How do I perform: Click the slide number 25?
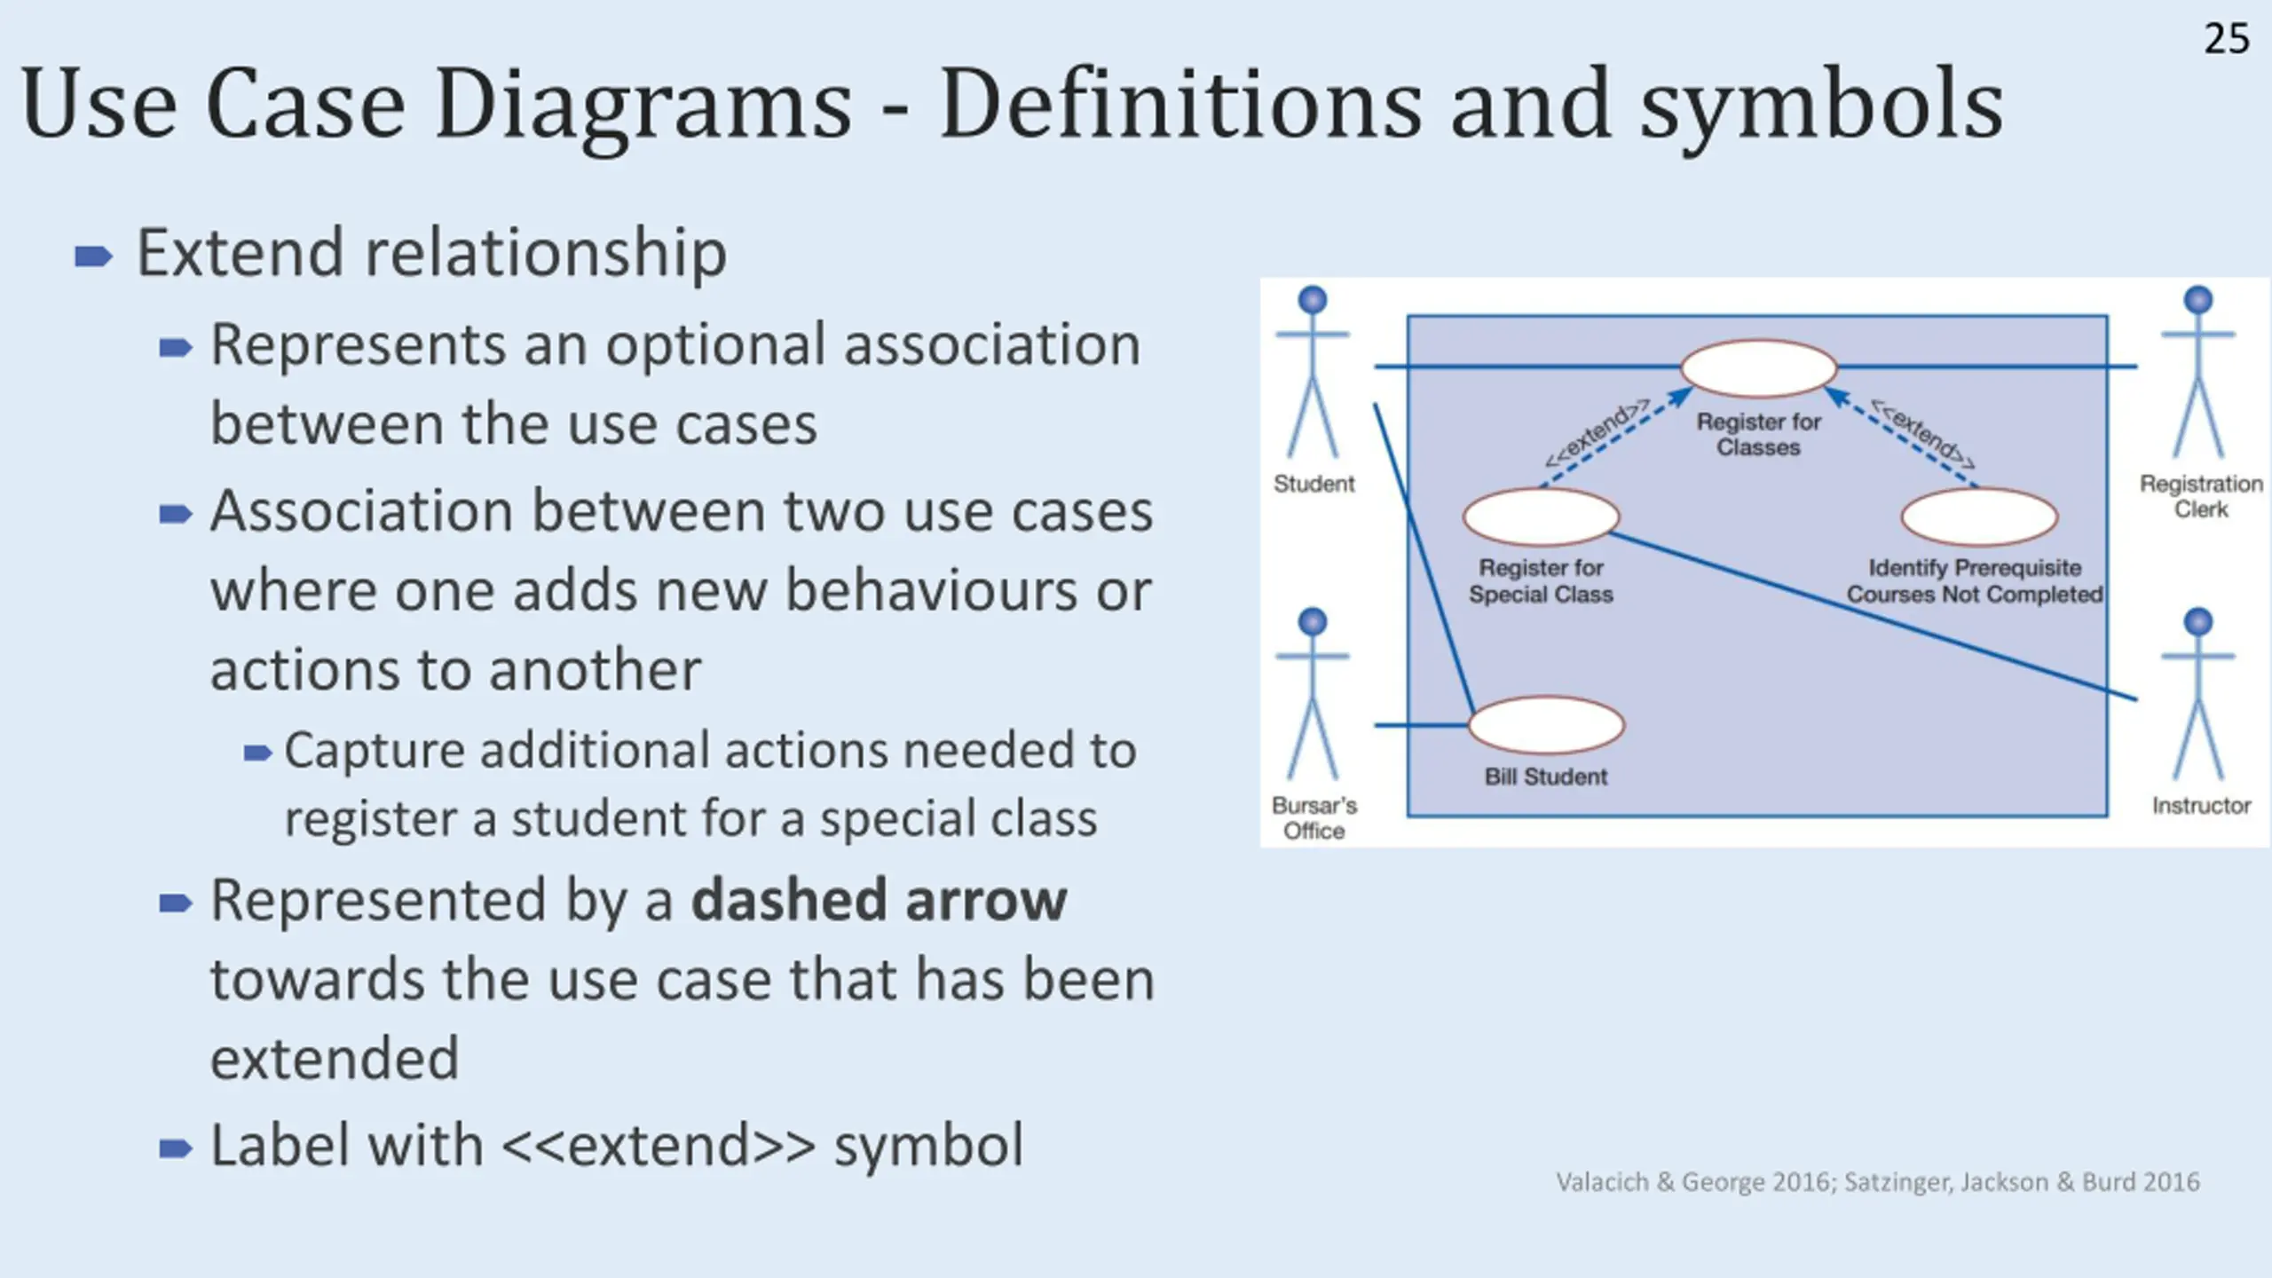[x=2226, y=40]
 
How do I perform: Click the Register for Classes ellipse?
[x=1758, y=367]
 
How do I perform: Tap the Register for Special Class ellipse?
[x=1541, y=517]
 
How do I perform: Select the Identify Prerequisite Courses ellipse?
[x=1978, y=517]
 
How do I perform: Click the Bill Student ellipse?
[x=1547, y=725]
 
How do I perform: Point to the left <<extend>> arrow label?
[x=1596, y=433]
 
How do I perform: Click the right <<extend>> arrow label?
[x=1922, y=433]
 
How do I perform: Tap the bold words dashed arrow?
[x=879, y=901]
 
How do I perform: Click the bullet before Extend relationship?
[x=93, y=257]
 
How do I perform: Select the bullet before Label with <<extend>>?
[x=175, y=1149]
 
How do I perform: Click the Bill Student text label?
[x=1546, y=777]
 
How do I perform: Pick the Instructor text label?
[x=2201, y=806]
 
